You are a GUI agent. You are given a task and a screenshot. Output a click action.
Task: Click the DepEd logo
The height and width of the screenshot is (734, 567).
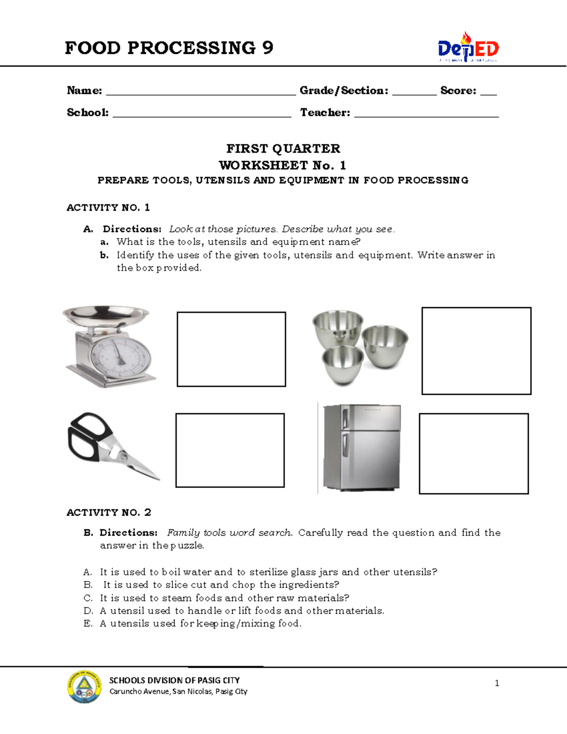(x=468, y=48)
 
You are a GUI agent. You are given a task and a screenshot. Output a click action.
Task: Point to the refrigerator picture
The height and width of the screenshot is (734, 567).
(x=362, y=447)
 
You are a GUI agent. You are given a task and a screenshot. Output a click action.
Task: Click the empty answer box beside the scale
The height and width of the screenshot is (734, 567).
(x=231, y=349)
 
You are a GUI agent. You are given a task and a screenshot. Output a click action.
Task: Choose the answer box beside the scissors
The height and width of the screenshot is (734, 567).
(x=230, y=450)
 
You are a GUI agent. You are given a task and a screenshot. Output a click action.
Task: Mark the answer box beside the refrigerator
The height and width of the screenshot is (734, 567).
(x=473, y=454)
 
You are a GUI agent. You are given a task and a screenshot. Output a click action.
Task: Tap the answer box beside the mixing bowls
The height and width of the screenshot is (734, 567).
(x=476, y=351)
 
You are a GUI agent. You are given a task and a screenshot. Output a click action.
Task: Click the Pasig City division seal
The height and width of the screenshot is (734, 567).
(x=84, y=687)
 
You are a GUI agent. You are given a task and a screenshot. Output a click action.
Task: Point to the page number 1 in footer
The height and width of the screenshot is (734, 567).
(x=497, y=683)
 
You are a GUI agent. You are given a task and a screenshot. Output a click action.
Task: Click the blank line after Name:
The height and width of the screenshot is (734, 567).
(x=201, y=93)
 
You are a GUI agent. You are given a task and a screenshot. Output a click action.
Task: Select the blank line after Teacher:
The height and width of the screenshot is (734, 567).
(x=426, y=114)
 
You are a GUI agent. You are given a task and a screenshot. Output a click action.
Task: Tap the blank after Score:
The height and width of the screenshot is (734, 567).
(x=489, y=93)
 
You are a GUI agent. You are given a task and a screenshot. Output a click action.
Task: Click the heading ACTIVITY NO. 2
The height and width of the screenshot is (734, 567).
(x=109, y=512)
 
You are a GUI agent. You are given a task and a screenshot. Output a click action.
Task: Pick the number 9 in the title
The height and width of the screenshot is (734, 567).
(x=267, y=48)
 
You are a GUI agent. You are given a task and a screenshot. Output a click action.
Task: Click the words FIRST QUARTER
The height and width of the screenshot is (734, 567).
(x=283, y=148)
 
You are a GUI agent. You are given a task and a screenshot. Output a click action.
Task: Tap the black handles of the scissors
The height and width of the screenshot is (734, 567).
(x=87, y=436)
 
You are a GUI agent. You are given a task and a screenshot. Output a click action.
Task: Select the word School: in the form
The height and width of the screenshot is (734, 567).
(x=88, y=112)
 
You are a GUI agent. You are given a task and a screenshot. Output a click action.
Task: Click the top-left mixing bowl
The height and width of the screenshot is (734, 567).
(x=337, y=325)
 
